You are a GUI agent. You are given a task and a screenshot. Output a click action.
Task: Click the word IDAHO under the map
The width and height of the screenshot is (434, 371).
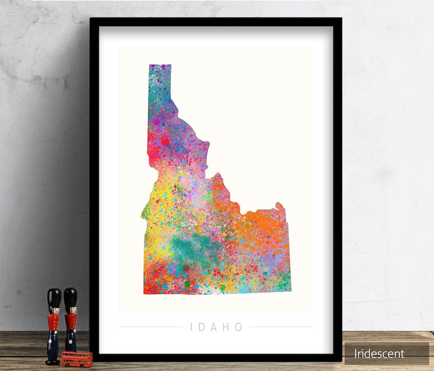216,327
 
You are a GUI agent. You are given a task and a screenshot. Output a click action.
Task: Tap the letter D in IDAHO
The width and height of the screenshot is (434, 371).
204,327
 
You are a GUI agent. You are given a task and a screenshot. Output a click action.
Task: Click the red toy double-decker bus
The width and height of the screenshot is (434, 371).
77,358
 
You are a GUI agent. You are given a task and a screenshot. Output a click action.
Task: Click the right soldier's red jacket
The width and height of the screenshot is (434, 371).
71,323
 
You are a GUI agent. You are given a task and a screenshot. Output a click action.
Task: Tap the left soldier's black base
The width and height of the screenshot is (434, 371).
53,361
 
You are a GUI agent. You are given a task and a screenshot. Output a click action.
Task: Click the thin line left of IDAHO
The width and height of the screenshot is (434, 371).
150,327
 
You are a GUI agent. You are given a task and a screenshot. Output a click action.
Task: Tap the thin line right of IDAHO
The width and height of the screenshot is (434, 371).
281,327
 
